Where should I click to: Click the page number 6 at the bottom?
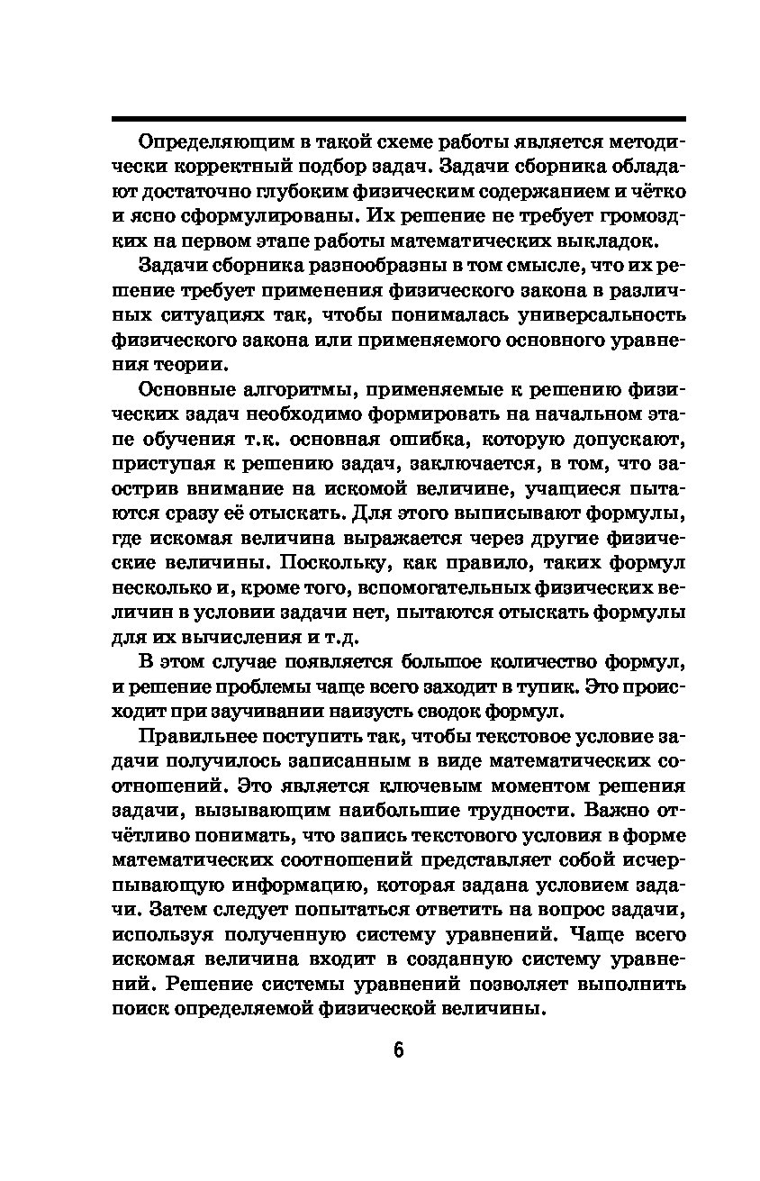pyautogui.click(x=398, y=1051)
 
